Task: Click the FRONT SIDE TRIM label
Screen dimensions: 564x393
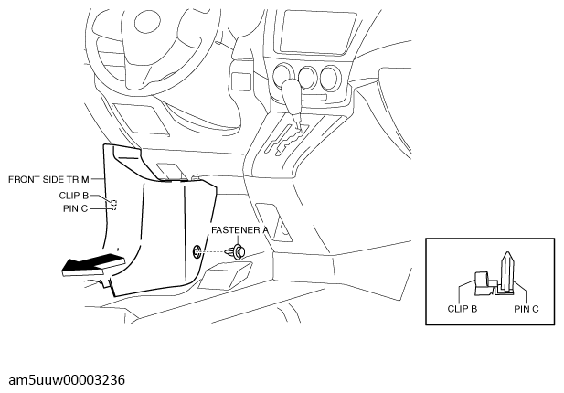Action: point(48,179)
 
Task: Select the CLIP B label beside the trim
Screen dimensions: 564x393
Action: point(73,196)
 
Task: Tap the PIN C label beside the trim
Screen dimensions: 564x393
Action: point(75,208)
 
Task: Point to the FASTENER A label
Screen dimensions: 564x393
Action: point(239,230)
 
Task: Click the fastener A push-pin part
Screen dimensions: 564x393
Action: point(237,251)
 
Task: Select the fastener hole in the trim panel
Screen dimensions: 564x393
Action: point(197,251)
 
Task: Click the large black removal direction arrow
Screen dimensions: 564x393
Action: point(93,265)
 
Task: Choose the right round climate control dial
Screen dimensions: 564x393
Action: point(330,78)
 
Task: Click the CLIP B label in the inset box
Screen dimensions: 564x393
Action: point(463,309)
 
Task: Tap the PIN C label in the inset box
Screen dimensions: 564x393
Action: point(527,309)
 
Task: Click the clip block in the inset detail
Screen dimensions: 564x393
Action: point(482,283)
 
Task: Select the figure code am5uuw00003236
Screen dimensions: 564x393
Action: point(67,380)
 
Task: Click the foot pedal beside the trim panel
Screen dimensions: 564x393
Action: point(226,275)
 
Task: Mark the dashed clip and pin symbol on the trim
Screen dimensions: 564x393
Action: point(113,205)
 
